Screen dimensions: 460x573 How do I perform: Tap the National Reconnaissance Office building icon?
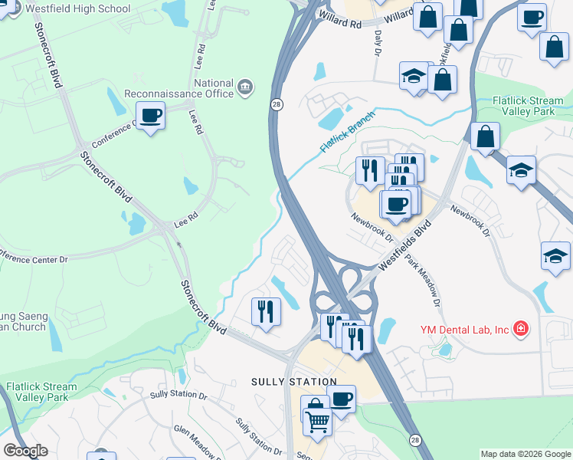point(246,84)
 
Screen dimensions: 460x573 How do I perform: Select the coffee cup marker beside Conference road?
point(152,116)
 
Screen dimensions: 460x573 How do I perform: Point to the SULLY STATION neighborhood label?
point(294,381)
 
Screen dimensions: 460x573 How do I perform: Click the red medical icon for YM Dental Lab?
point(522,330)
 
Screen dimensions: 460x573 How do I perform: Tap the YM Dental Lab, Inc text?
point(464,330)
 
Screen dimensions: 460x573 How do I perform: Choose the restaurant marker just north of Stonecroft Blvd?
point(266,311)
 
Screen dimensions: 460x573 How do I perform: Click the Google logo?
point(25,451)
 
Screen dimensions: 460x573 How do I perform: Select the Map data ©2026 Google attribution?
point(525,454)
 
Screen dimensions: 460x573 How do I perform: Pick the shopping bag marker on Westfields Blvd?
point(485,137)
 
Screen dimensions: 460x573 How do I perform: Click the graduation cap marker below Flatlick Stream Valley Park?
point(521,170)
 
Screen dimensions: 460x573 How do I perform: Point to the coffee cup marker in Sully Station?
point(342,399)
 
